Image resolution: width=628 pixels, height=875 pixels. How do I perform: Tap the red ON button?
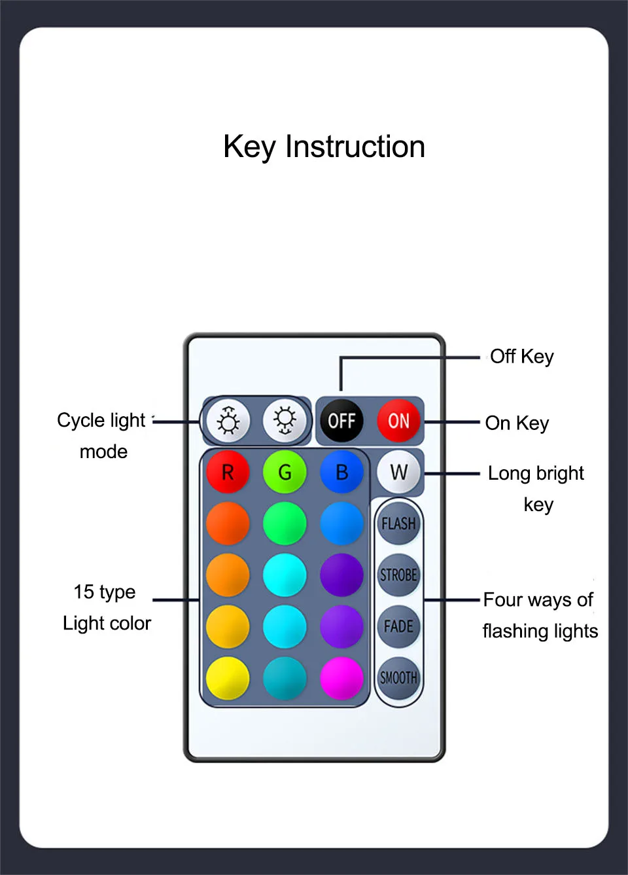coord(398,421)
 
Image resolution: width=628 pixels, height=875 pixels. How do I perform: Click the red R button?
coord(228,472)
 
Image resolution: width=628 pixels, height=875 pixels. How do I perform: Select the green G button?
coord(285,472)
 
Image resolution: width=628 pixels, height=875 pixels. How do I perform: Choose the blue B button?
coord(341,472)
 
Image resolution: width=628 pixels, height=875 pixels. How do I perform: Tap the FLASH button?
coord(398,524)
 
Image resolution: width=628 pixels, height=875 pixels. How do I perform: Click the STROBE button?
coord(398,575)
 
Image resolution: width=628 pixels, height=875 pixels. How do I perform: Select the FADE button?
coord(398,626)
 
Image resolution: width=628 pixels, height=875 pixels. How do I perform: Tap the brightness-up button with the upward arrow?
coord(228,421)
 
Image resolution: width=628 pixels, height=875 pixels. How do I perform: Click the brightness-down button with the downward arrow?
coord(285,421)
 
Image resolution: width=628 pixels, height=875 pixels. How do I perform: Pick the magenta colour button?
coord(341,678)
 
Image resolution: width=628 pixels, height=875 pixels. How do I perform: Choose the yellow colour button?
coord(228,678)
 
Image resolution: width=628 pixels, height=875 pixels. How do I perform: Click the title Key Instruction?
coord(324,147)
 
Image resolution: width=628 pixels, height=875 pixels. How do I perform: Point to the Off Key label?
coord(521,357)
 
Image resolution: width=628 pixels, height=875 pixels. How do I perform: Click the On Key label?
coord(517,423)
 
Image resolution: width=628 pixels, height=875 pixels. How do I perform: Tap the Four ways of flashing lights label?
coord(540,615)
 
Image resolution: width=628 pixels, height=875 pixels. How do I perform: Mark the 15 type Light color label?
coord(106,607)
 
